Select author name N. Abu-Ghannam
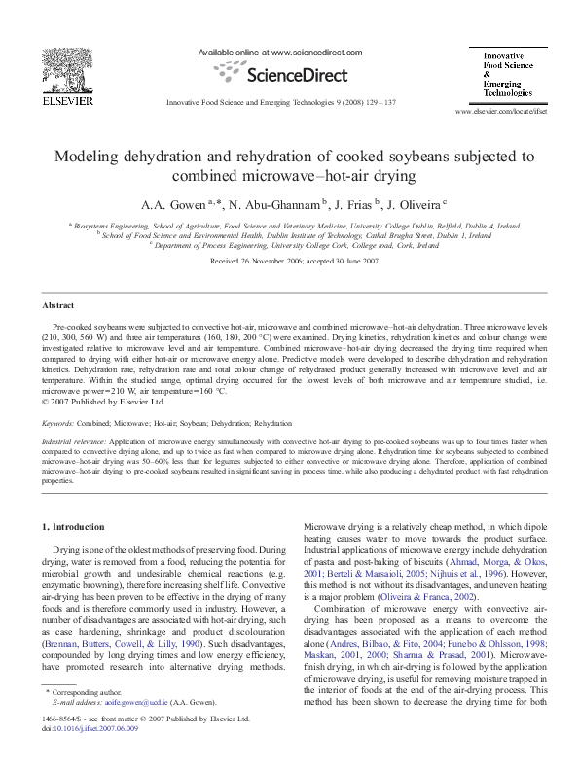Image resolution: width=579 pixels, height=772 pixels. tap(272, 204)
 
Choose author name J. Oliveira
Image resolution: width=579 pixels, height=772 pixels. tap(416, 204)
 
